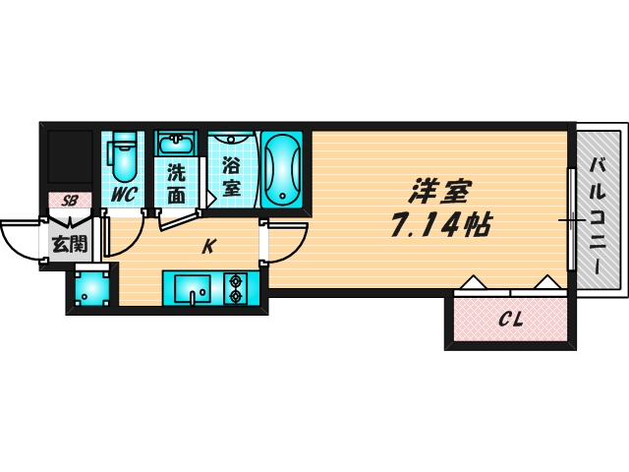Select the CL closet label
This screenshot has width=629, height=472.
(x=509, y=320)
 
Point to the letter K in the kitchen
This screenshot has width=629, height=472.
(x=208, y=248)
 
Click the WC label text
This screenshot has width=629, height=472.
(x=123, y=195)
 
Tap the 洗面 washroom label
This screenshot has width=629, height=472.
(x=176, y=183)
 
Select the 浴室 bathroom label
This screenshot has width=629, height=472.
(x=232, y=175)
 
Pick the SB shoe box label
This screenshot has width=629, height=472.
(x=69, y=201)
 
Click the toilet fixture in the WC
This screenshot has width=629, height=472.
(x=123, y=155)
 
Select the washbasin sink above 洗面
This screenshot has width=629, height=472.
(x=177, y=146)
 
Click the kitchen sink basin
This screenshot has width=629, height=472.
(x=192, y=289)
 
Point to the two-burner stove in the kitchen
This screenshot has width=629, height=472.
(x=237, y=289)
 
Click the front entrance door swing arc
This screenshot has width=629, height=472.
(x=20, y=241)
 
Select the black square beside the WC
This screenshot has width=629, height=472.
(x=69, y=157)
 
